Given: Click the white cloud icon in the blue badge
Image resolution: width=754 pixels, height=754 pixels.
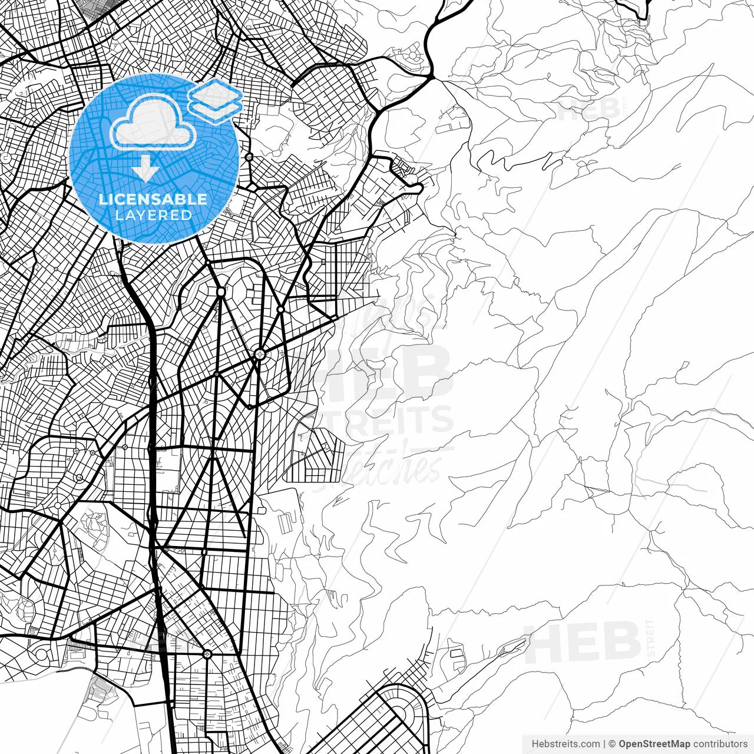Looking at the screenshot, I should coord(153,123).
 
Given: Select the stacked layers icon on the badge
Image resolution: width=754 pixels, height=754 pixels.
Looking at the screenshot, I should coord(216,100).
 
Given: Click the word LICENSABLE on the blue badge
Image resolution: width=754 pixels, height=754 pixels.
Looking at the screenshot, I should coord(153,199).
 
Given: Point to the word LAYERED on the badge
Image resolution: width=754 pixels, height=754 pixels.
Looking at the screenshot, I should coord(153,216).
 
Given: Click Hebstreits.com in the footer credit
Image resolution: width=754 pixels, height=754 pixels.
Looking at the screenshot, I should coord(565,744).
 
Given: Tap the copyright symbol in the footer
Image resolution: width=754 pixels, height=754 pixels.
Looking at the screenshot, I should coord(612,744).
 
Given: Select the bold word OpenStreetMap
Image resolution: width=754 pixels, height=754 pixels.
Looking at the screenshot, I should coord(654,744).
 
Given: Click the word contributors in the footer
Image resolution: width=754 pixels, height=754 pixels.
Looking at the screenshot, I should coord(720,744).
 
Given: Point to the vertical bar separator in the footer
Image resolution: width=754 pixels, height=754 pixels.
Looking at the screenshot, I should coord(604,744).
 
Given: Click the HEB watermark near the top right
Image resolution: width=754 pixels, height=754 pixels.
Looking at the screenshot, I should coord(586,109).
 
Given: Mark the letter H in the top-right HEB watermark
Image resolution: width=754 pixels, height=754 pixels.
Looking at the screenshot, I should coord(568,109).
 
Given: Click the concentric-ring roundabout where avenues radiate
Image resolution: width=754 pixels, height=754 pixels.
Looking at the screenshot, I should coord(259,355).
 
